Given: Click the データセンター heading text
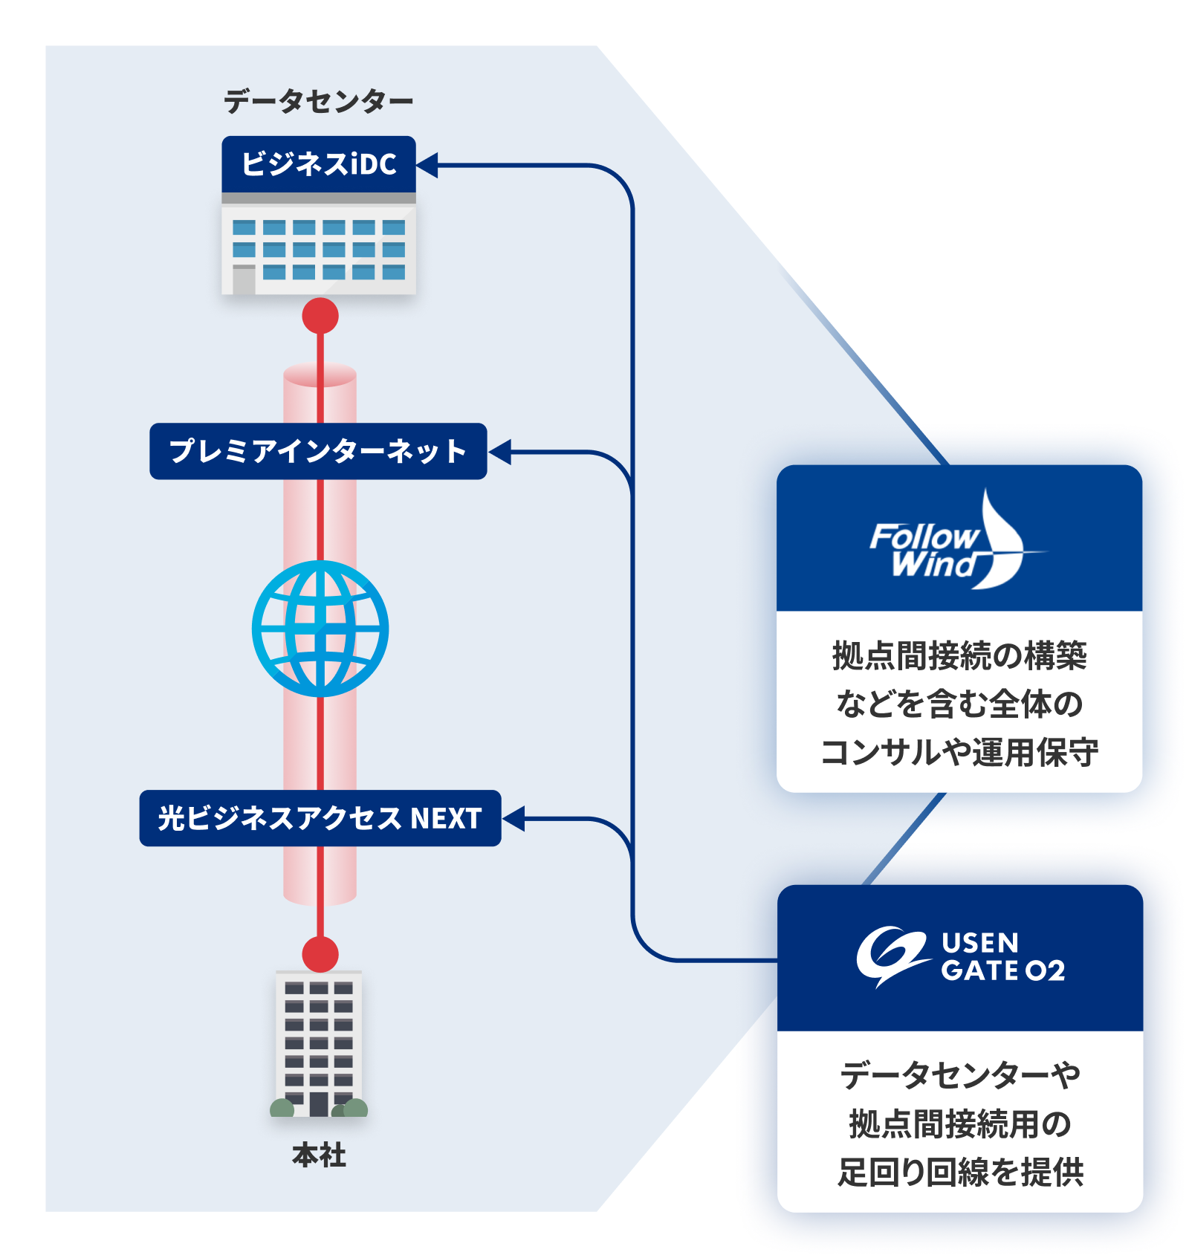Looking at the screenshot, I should tap(318, 101).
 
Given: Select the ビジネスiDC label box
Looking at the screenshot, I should tap(319, 164).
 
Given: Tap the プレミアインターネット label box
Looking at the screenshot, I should tap(318, 451).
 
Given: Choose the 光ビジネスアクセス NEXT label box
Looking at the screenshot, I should tap(320, 818).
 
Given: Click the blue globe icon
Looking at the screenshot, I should tap(320, 629).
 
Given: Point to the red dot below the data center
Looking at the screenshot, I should tap(320, 316).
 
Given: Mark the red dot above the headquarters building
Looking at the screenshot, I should tap(320, 954).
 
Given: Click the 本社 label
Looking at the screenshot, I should tap(319, 1155).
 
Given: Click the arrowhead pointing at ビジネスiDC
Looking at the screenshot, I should tap(428, 165).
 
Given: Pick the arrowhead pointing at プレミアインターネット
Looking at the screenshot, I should tap(500, 451).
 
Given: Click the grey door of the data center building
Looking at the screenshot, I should tap(244, 280).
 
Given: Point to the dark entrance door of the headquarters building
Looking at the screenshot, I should tap(319, 1103).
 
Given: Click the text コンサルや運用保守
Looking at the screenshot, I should tap(959, 752).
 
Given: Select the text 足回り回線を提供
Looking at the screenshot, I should tap(960, 1172).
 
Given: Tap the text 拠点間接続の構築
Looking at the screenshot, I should tap(959, 655).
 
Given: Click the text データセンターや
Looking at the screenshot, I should tap(960, 1075).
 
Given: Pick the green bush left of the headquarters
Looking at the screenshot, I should tap(282, 1108).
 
